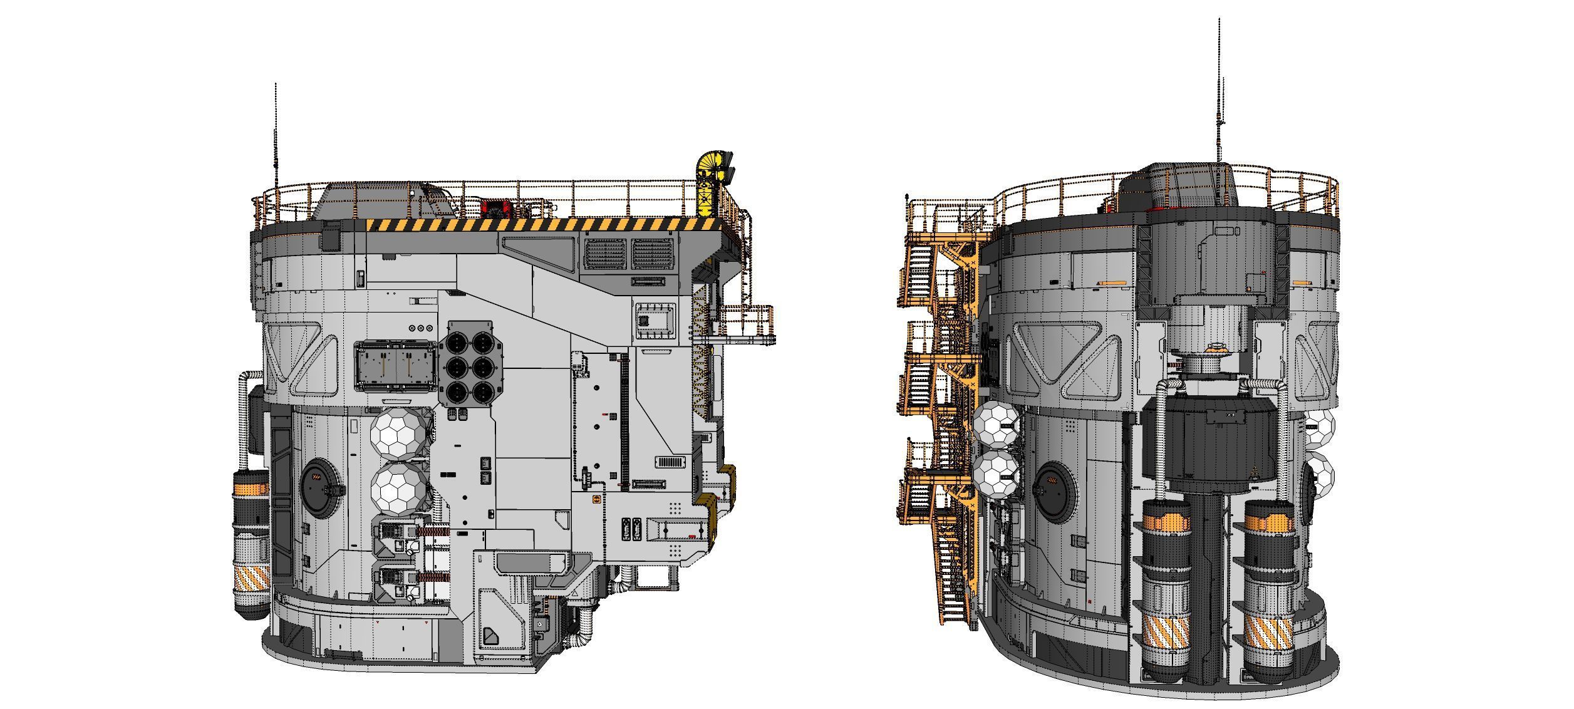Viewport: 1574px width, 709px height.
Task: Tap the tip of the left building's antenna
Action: pos(275,85)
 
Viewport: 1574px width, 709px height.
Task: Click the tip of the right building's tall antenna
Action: pos(1219,20)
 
